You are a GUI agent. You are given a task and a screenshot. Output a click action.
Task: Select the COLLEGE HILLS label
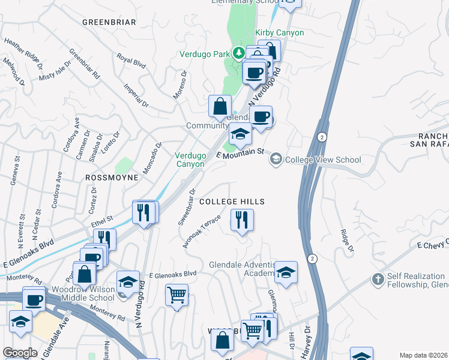(x=232, y=202)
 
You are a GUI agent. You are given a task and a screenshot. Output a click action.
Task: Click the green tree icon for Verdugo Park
(x=238, y=53)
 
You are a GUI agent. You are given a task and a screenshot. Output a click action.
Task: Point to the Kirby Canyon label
(x=280, y=33)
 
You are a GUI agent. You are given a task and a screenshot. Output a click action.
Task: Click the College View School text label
(x=323, y=160)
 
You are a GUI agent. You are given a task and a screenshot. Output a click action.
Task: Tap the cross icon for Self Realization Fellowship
(x=377, y=279)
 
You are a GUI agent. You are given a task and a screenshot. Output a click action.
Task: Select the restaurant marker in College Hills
(x=242, y=220)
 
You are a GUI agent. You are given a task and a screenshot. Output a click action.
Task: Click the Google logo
(x=20, y=353)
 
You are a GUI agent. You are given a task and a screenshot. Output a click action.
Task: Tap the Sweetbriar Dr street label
(x=187, y=208)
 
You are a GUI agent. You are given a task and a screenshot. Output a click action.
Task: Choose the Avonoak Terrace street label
(x=203, y=231)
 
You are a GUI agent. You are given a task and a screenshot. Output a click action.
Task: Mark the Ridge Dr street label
(x=346, y=238)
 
